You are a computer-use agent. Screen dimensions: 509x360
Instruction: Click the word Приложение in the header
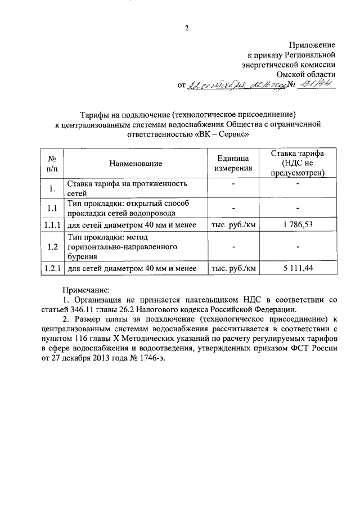pos(313,44)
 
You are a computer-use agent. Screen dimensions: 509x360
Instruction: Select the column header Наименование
pos(136,164)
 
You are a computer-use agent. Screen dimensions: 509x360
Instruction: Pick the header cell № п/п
pos(52,164)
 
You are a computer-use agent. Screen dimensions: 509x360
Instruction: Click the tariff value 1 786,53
pos(298,225)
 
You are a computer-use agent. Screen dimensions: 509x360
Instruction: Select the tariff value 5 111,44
pos(298,268)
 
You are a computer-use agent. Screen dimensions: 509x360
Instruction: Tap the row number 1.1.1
pos(52,225)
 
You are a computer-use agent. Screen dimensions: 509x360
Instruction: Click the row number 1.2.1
pos(52,268)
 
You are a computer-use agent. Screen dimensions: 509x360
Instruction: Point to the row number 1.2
pos(52,246)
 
